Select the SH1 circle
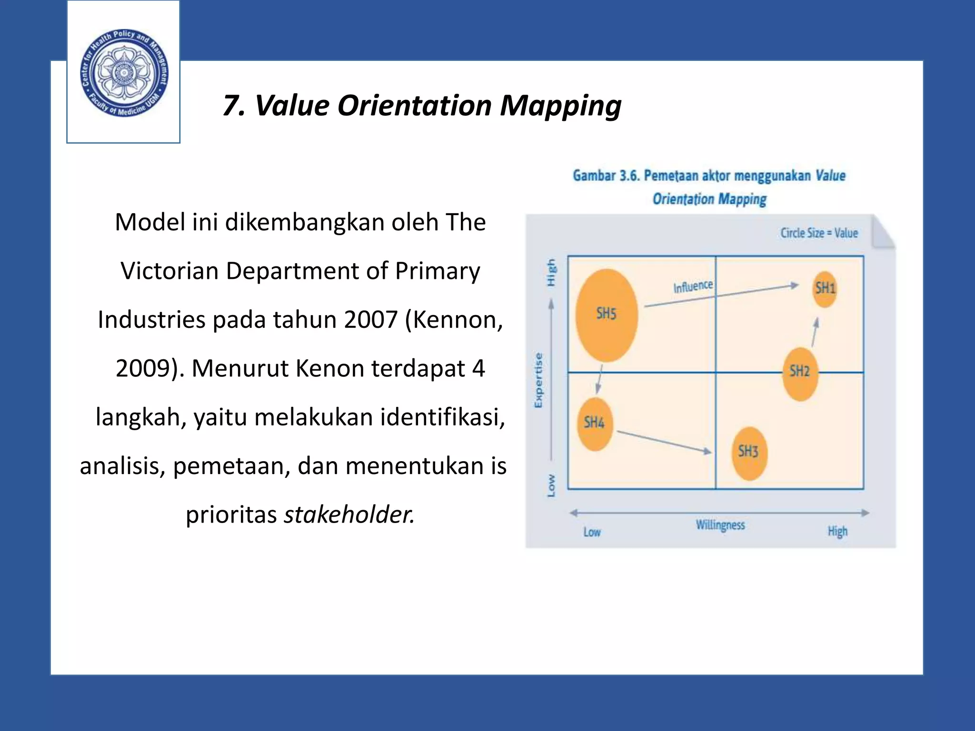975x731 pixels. [x=825, y=288]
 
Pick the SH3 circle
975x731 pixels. [x=749, y=453]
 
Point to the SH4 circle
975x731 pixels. [x=595, y=424]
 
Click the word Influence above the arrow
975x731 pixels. [x=693, y=286]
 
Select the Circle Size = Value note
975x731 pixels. [x=819, y=233]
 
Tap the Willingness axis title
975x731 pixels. [x=720, y=525]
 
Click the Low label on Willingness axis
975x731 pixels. [x=592, y=532]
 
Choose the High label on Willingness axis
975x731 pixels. [x=837, y=531]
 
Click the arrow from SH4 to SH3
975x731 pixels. [x=664, y=442]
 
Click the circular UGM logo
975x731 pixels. [x=124, y=73]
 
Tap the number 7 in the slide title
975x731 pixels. [x=232, y=106]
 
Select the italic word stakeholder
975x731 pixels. [x=349, y=514]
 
